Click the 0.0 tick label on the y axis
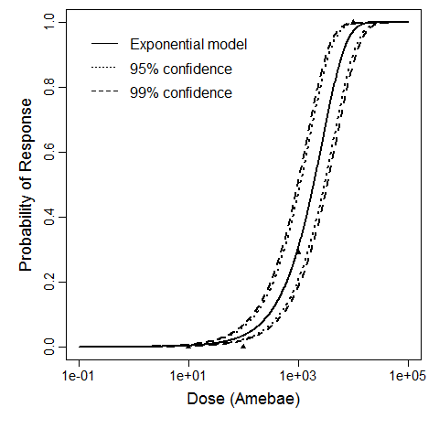60,348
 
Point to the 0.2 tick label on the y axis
60,283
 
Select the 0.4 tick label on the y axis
60,218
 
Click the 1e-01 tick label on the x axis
79,377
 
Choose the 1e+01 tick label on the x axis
188,377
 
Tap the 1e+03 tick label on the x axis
298,377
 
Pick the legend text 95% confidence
181,69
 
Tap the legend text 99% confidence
181,92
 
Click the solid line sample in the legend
104,44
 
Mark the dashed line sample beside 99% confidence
104,92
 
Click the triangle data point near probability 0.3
298,250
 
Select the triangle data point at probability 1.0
353,22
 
